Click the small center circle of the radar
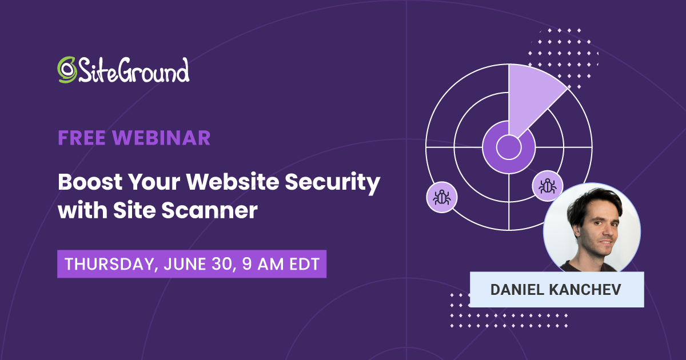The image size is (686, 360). coord(508,147)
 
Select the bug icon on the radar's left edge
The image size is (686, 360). coord(442,198)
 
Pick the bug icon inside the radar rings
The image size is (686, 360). coord(548,185)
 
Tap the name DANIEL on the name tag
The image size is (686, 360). coord(516,290)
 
